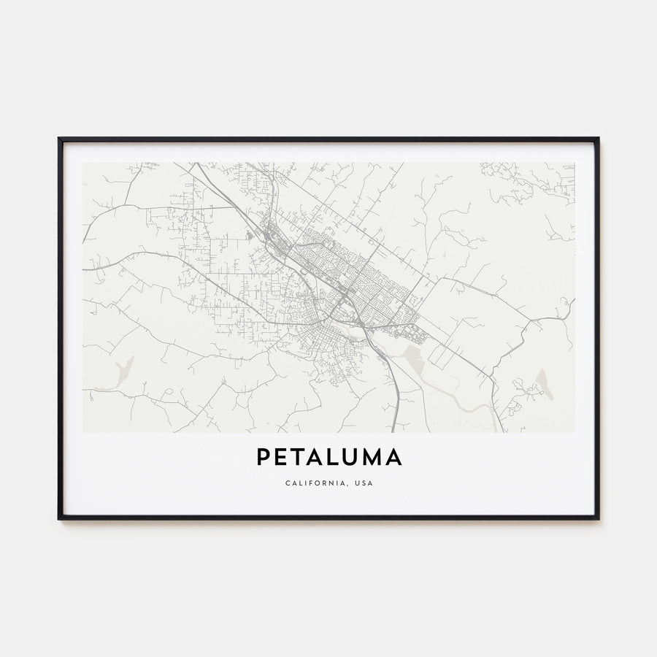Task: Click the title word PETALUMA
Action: (328, 458)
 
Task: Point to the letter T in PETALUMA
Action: (299, 458)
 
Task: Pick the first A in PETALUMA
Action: (317, 458)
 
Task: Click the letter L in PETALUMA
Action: (334, 458)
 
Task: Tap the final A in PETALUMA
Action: (393, 458)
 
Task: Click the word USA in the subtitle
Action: (363, 483)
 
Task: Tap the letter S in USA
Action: (363, 483)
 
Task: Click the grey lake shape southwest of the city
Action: (125, 369)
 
